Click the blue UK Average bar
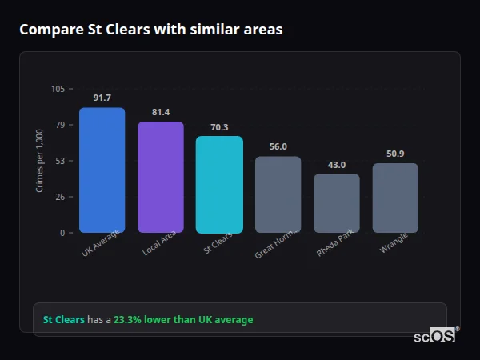click(102, 170)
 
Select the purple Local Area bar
click(161, 177)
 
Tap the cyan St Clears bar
click(219, 184)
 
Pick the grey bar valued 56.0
click(278, 194)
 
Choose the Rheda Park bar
click(337, 203)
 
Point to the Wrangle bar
click(395, 198)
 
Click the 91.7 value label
click(102, 98)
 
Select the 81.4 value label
click(161, 112)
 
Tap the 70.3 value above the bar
click(219, 126)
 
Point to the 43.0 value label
click(337, 165)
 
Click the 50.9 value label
click(395, 154)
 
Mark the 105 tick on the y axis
click(58, 89)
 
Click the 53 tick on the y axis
click(60, 161)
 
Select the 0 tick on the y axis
click(62, 233)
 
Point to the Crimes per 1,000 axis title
click(40, 161)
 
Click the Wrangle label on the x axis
click(394, 244)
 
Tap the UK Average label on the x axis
click(100, 244)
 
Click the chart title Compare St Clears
click(150, 30)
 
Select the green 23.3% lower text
click(183, 320)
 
